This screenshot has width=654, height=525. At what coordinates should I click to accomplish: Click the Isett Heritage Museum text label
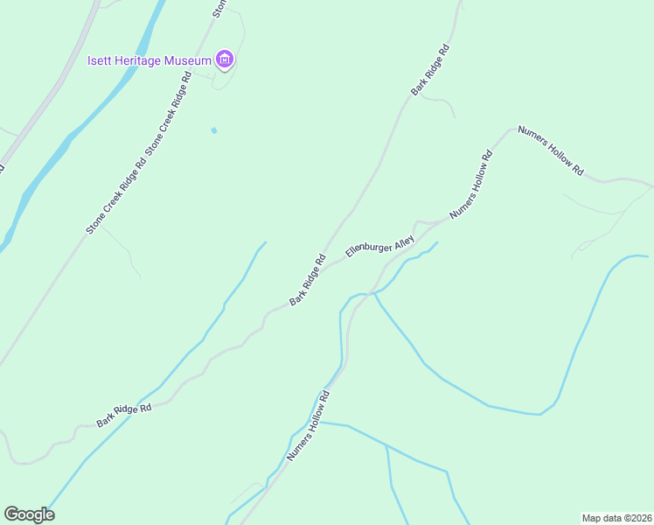150,60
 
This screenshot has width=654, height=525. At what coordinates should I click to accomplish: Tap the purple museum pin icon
226,59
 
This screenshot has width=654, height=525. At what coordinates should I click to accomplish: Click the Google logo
29,514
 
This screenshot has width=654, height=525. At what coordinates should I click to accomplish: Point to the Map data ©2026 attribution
616,517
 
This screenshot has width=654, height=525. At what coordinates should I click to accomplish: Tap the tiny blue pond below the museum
213,130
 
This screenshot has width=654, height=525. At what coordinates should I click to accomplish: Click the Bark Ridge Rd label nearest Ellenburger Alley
308,280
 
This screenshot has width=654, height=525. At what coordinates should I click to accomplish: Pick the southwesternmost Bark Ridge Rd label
124,415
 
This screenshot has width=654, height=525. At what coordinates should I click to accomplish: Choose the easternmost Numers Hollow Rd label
550,150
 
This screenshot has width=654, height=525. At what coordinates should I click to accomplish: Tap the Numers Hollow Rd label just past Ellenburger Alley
471,185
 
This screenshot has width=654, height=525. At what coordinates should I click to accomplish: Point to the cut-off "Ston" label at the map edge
219,9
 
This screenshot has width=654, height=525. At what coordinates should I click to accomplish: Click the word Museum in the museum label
191,60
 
